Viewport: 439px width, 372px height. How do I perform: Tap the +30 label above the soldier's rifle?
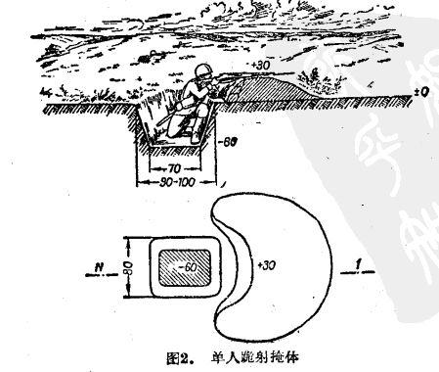(x=261, y=67)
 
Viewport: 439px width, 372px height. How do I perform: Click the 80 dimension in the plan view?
(x=125, y=265)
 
